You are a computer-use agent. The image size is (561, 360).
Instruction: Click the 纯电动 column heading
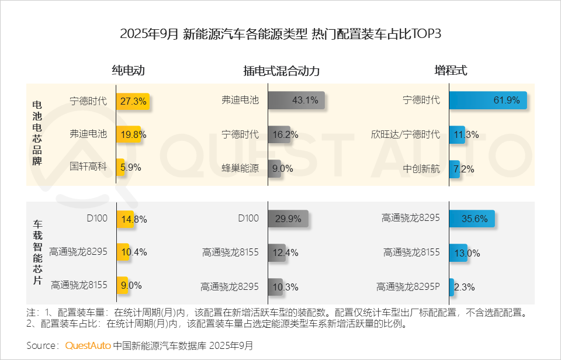pyautogui.click(x=128, y=71)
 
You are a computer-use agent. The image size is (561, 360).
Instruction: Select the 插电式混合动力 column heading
pyautogui.click(x=281, y=71)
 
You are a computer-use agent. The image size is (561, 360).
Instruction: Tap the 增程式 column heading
pyautogui.click(x=451, y=71)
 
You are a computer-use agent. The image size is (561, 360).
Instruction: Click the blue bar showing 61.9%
pyautogui.click(x=487, y=101)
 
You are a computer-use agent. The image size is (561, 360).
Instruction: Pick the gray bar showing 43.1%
pyautogui.click(x=296, y=101)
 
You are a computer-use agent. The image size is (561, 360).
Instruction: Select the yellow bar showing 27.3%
pyautogui.click(x=133, y=101)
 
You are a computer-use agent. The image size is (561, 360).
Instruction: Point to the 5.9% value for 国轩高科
pyautogui.click(x=130, y=168)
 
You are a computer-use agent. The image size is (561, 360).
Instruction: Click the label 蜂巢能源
pyautogui.click(x=240, y=168)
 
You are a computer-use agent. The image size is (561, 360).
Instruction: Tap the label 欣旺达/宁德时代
pyautogui.click(x=405, y=134)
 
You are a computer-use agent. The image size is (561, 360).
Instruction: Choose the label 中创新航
pyautogui.click(x=421, y=168)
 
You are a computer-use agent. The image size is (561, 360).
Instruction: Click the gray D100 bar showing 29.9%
pyautogui.click(x=288, y=219)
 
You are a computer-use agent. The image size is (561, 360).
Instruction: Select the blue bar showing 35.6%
pyautogui.click(x=472, y=219)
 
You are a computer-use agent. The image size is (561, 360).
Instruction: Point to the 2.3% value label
pyautogui.click(x=465, y=287)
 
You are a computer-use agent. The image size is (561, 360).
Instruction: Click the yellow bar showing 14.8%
pyautogui.click(x=124, y=219)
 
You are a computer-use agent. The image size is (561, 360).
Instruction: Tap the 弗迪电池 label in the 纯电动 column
pyautogui.click(x=88, y=134)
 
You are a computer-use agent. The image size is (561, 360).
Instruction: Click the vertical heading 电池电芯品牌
pyautogui.click(x=37, y=134)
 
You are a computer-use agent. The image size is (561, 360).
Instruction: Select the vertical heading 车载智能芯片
pyautogui.click(x=37, y=253)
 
